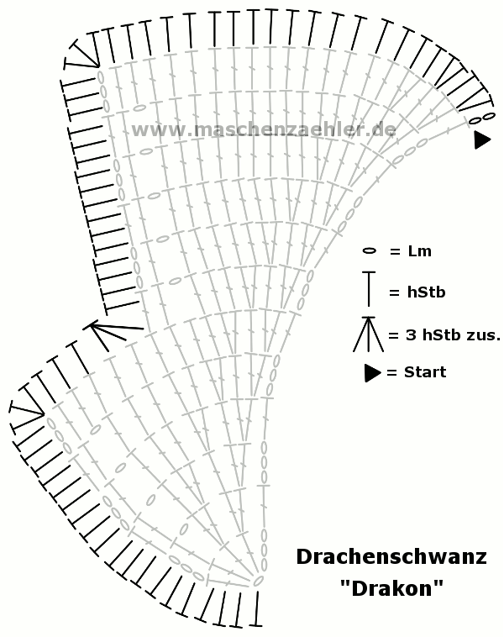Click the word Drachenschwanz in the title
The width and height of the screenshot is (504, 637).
(391, 556)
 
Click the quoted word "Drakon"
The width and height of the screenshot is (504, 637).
(391, 588)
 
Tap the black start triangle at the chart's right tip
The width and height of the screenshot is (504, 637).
(482, 140)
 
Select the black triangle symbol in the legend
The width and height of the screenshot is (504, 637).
(372, 373)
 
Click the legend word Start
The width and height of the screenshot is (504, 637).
(425, 372)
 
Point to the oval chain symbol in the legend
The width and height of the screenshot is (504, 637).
(369, 251)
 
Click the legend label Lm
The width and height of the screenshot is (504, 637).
(419, 251)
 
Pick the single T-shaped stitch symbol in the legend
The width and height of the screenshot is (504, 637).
(369, 289)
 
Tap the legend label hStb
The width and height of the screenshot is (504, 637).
(427, 292)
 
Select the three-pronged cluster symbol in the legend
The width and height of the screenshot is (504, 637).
(369, 334)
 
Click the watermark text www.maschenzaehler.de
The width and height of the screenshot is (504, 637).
(264, 129)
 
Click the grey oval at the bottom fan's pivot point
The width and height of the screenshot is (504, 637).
(258, 582)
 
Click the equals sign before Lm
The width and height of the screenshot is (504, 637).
(395, 252)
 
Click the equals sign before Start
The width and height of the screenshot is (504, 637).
(391, 372)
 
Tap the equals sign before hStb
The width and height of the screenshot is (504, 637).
(394, 292)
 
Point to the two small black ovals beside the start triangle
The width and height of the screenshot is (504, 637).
(482, 118)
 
